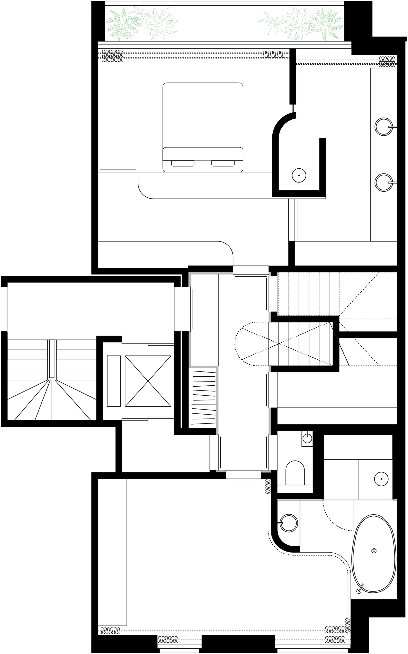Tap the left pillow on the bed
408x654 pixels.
[183, 163]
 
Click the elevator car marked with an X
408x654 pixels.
[148, 381]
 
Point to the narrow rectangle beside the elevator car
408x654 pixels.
[114, 381]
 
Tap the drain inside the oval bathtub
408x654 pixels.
[374, 551]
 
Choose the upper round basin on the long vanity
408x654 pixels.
[384, 126]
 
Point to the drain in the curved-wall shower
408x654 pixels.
[299, 176]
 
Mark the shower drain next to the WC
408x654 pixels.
[381, 479]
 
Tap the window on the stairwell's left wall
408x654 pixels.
[4, 309]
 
